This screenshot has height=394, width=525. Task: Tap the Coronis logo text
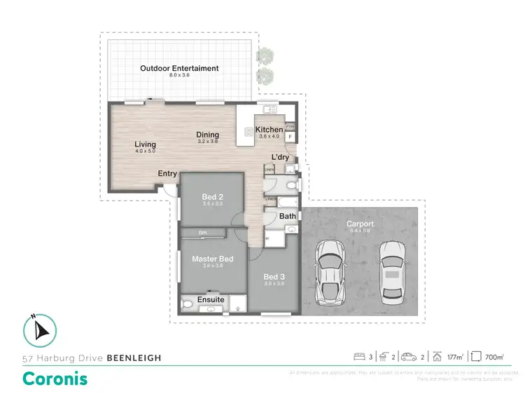[55, 378]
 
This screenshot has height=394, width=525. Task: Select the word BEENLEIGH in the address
[134, 358]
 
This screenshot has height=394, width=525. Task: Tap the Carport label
[360, 224]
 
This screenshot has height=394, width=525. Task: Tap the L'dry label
[280, 157]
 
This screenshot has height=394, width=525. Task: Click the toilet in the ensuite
[186, 306]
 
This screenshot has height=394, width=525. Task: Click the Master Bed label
[212, 259]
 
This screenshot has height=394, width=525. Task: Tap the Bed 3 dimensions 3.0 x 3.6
[274, 283]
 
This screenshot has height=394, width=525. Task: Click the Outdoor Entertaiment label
[179, 69]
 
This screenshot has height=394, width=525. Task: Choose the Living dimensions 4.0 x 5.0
[145, 151]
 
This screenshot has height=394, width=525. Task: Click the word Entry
[167, 174]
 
